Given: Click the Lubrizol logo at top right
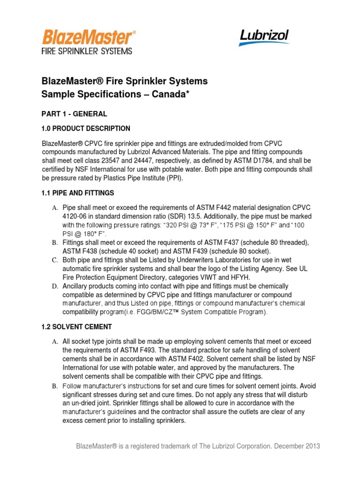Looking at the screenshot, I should (x=264, y=37).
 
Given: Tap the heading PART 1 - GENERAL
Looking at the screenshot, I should (x=74, y=114).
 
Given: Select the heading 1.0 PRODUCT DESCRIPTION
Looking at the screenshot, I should (x=86, y=128).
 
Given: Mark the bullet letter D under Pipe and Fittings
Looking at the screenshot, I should (x=54, y=286).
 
